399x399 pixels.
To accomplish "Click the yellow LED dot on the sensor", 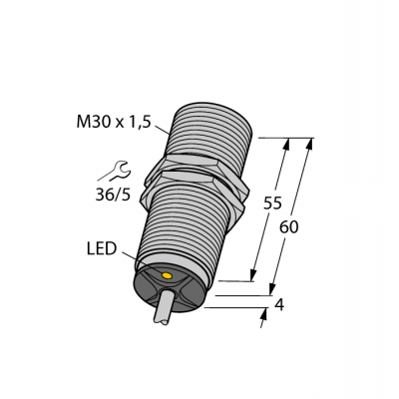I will [167, 274].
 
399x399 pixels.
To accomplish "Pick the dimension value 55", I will [272, 204].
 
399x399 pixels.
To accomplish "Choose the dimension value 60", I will [289, 227].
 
